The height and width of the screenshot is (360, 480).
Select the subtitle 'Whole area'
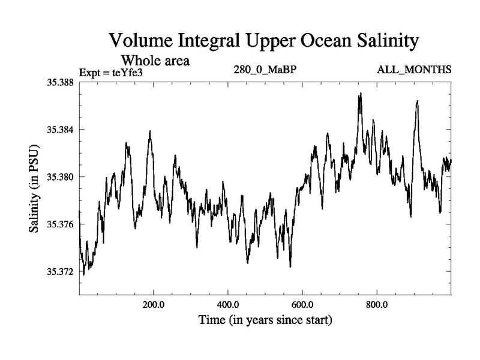tap(156, 60)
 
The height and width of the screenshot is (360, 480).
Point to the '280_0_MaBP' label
tap(265, 70)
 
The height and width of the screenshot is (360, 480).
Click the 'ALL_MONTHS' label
tap(414, 70)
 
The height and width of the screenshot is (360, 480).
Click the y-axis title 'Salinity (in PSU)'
tap(35, 189)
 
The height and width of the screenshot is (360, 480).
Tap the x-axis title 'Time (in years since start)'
tap(265, 320)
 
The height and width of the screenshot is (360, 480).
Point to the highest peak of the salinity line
tap(361, 94)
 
